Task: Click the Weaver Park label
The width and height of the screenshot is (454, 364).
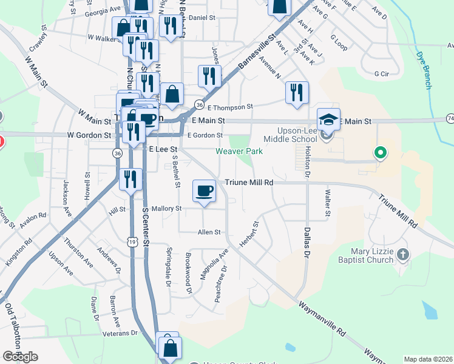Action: click(240, 151)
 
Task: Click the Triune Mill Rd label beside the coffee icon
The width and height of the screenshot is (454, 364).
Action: click(249, 182)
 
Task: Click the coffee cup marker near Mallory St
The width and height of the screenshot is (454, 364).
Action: click(204, 191)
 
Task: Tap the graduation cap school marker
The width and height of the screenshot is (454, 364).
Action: click(328, 119)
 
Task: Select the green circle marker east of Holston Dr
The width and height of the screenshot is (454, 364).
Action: click(381, 152)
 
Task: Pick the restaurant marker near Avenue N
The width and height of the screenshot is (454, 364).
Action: click(297, 92)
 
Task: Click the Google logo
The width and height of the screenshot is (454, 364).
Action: click(20, 357)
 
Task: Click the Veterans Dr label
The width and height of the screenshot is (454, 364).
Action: click(121, 333)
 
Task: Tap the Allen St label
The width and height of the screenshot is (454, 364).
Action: click(209, 232)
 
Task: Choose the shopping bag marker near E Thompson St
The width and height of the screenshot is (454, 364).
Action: click(172, 94)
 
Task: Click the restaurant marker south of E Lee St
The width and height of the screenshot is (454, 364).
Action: click(130, 179)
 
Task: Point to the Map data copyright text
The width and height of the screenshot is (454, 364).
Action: click(427, 359)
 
